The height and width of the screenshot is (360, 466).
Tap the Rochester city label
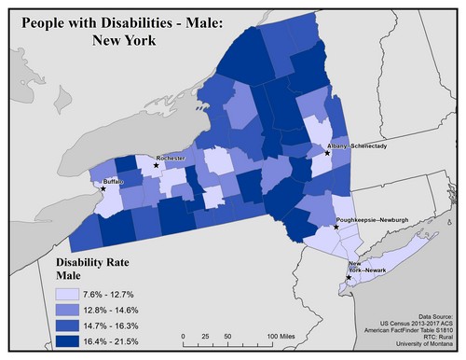(x=171, y=159)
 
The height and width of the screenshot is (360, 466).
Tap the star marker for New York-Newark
(x=348, y=277)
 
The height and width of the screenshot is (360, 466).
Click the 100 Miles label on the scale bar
(x=283, y=335)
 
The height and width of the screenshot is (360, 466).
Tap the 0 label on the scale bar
(x=185, y=335)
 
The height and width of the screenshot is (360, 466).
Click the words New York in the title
(x=129, y=40)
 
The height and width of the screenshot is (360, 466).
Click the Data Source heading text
(x=432, y=316)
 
